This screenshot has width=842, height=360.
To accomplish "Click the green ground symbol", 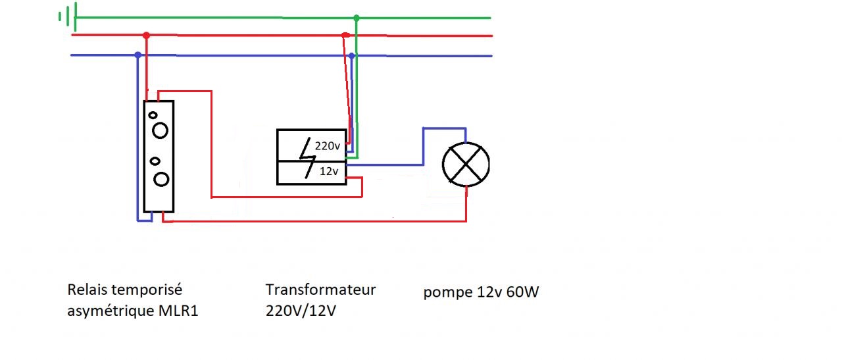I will (x=68, y=16).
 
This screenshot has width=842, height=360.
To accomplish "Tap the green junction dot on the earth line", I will (x=357, y=18).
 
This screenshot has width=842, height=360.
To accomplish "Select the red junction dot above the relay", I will (x=146, y=36).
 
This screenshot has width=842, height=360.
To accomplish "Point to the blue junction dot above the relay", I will (x=137, y=55).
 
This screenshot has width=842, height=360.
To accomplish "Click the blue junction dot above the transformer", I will (x=352, y=56).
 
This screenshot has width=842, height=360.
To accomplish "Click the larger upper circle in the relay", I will (x=160, y=130).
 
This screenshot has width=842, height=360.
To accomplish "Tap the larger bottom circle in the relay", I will (x=161, y=179).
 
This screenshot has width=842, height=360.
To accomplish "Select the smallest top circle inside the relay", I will (x=153, y=115).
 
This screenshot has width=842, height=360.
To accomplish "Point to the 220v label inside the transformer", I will (x=327, y=147).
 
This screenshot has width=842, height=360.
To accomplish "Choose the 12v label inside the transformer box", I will (x=328, y=172).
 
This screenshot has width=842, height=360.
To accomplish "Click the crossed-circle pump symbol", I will (x=466, y=165).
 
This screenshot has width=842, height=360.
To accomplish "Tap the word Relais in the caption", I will (x=87, y=290).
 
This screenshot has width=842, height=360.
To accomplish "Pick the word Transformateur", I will (x=320, y=290).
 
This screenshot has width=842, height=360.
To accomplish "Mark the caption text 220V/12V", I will (x=301, y=311).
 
